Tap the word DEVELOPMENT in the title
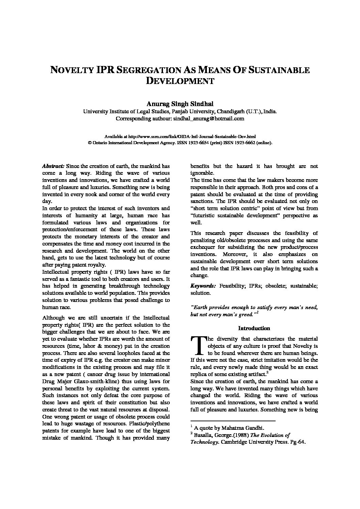pyautogui.click(x=180, y=81)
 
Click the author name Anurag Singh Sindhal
pyautogui.click(x=180, y=104)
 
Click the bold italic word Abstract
pyautogui.click(x=53, y=166)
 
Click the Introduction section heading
pyautogui.click(x=254, y=328)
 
